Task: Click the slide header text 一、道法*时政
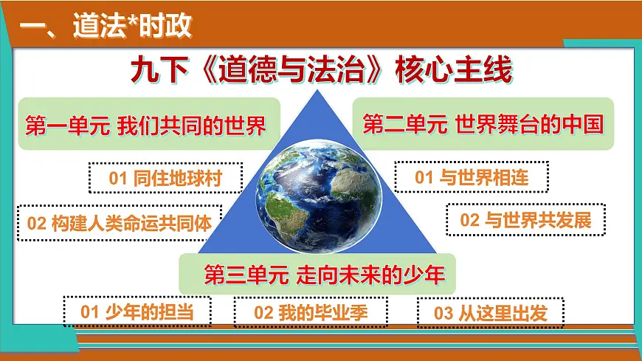click(x=106, y=27)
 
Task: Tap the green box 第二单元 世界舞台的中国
click(x=483, y=123)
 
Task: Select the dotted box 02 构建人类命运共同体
click(x=119, y=223)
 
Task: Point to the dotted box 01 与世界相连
click(x=472, y=177)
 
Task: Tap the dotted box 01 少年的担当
click(x=137, y=312)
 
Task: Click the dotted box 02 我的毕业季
click(x=311, y=312)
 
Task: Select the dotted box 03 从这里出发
click(x=490, y=313)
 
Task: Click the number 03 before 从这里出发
click(x=443, y=313)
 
